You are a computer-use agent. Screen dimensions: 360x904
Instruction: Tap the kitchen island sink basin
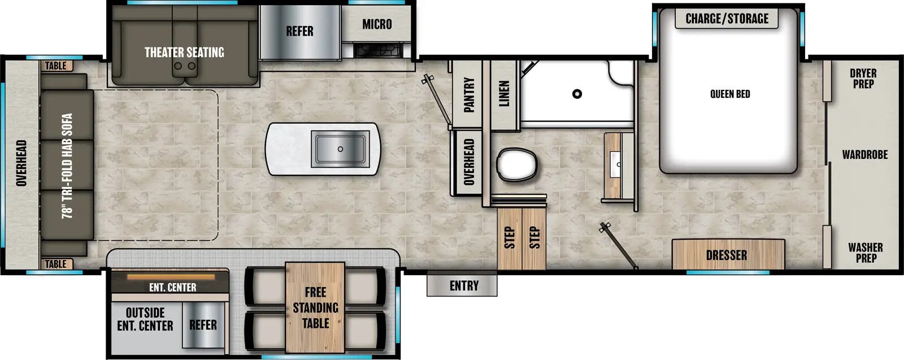tap(340, 149)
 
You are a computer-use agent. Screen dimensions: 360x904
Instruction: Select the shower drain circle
tap(577, 94)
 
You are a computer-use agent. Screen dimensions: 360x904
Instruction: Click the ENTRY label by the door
tap(463, 286)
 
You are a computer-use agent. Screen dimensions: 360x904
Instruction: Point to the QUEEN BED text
tap(729, 94)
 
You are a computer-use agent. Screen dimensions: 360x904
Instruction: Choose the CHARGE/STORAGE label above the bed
tap(727, 19)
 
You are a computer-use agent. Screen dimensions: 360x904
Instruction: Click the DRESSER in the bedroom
tap(727, 255)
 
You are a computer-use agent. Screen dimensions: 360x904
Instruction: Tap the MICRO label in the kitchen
tap(376, 24)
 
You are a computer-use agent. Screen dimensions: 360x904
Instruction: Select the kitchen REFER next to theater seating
tap(299, 32)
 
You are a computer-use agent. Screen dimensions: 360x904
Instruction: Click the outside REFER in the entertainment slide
tap(202, 325)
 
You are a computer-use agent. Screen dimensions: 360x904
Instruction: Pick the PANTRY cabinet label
tap(468, 94)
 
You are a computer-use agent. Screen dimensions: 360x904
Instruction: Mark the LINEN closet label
tap(504, 93)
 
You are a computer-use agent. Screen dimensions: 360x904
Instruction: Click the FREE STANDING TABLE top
tap(315, 307)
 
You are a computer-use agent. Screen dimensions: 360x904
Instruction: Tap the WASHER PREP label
tap(864, 253)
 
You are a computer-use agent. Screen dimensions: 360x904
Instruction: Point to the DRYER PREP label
tap(863, 79)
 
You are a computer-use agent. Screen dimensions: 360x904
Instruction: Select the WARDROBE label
tap(864, 155)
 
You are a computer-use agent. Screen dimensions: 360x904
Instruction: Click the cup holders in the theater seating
tap(185, 66)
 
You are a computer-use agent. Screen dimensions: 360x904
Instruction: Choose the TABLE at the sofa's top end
tap(56, 66)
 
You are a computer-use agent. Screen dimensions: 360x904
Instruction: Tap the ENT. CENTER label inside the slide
tap(172, 288)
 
